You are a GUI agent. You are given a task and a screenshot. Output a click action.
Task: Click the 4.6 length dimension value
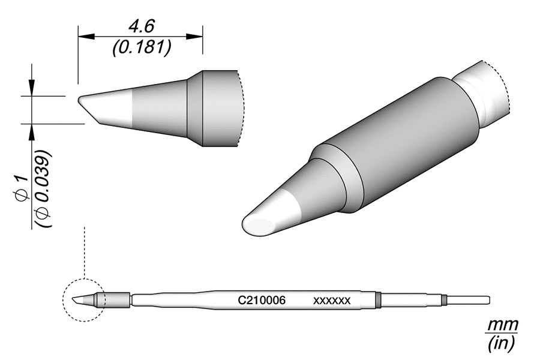pos(141,28)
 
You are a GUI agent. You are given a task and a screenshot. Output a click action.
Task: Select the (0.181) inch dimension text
pos(140,48)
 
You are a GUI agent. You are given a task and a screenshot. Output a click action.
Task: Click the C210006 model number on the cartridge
pos(262,299)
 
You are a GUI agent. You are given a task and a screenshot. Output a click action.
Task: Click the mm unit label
pos(502,326)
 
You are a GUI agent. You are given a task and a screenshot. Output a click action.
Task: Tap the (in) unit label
pos(502,343)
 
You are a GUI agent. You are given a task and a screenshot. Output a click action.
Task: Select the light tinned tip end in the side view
pos(108,106)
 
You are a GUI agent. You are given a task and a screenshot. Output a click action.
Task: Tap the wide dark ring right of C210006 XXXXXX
pos(378,299)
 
